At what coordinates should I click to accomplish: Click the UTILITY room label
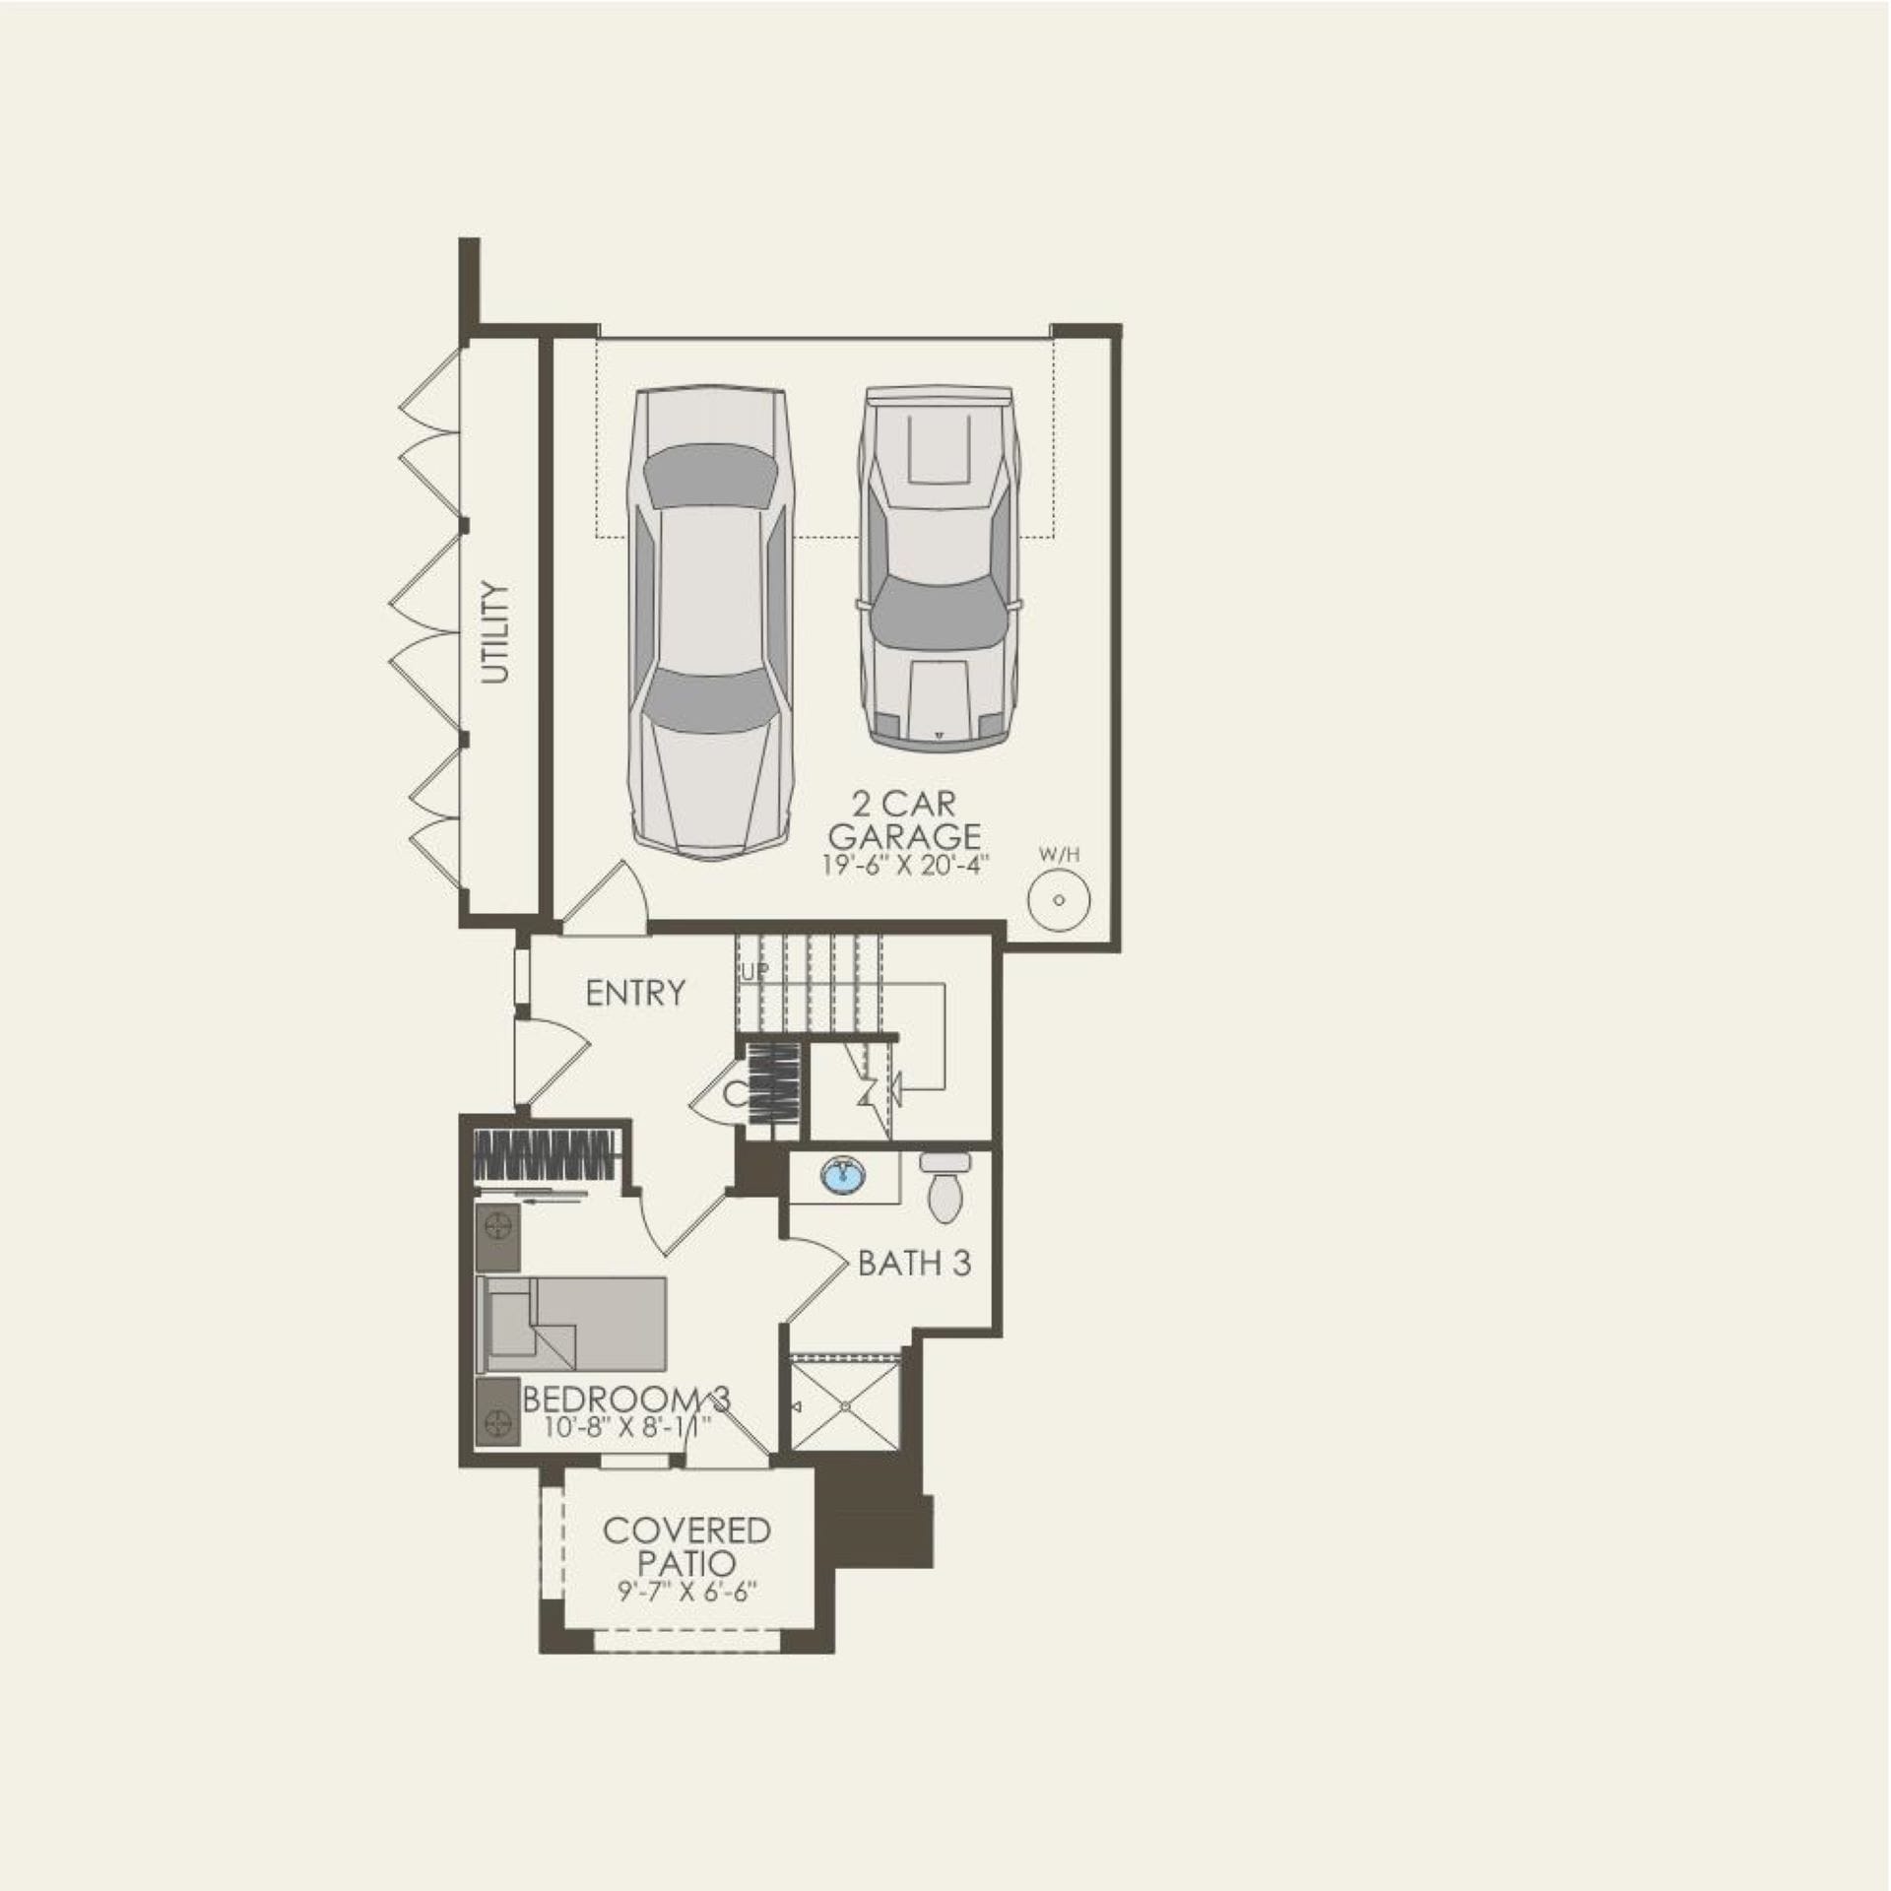(495, 632)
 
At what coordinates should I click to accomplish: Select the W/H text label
(1059, 855)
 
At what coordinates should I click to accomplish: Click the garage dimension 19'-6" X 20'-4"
(905, 867)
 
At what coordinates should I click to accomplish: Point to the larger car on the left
(709, 622)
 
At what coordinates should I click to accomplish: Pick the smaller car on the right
(939, 568)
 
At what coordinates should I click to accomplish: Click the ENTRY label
(635, 993)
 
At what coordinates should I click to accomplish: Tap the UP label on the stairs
(754, 972)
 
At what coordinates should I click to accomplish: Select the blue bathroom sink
(840, 1175)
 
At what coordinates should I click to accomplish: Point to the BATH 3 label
(914, 1263)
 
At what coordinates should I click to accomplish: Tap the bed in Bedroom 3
(571, 1324)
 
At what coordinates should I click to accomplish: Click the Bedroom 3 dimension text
(626, 1425)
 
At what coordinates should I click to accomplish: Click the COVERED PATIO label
(686, 1546)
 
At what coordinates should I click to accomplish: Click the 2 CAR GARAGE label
(904, 820)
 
